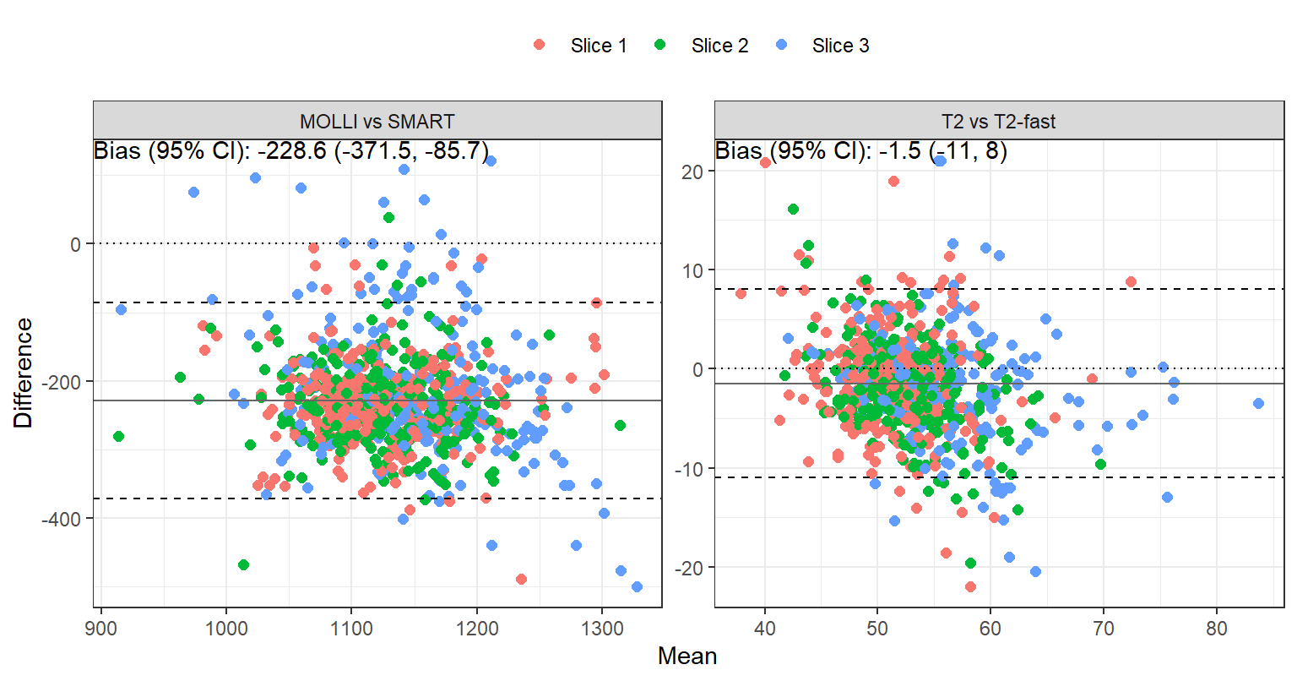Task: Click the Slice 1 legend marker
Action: (540, 45)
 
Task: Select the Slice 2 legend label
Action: (719, 46)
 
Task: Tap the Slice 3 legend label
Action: (840, 46)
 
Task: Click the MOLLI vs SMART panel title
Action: (377, 122)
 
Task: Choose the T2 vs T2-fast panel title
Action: (998, 122)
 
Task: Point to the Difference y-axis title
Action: (24, 372)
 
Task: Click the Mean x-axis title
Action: (687, 656)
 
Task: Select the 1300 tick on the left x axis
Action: (602, 629)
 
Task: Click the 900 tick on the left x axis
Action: (102, 629)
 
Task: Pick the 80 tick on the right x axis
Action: (1217, 629)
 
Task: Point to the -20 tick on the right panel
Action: (686, 568)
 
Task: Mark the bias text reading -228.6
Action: (291, 151)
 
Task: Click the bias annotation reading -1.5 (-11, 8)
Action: (861, 151)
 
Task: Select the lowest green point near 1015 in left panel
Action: (243, 564)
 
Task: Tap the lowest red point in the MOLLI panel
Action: (521, 579)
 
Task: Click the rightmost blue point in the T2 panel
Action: (1258, 403)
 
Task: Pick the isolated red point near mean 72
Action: (1131, 282)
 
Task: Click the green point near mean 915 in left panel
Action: (118, 436)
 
